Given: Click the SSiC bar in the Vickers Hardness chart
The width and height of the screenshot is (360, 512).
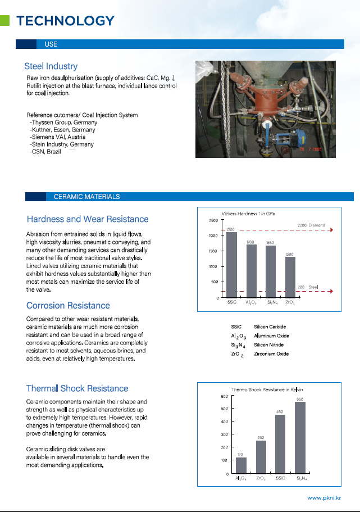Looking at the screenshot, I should click(x=231, y=264).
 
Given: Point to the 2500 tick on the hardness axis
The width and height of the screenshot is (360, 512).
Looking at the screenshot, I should click(x=213, y=220).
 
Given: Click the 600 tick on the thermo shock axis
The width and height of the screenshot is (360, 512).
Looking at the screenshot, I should click(x=224, y=397).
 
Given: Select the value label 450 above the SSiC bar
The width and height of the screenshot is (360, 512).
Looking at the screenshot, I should click(x=279, y=412).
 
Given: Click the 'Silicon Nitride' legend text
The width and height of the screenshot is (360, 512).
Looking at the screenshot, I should click(x=268, y=345).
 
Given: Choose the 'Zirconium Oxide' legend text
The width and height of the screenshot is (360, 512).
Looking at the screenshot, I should click(x=271, y=354).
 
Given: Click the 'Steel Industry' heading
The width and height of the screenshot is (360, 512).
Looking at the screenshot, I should click(x=51, y=66).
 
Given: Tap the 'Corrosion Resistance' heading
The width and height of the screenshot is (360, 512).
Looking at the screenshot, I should click(x=68, y=306).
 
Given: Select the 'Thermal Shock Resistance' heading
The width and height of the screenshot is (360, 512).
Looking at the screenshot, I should click(x=77, y=388).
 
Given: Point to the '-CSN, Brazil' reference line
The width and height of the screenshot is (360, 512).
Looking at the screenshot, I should click(x=45, y=152).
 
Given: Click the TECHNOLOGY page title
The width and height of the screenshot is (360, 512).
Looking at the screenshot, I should click(x=65, y=21).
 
